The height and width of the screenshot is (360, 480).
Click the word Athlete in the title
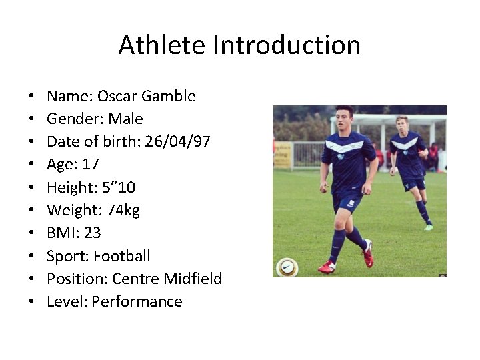pyautogui.click(x=163, y=45)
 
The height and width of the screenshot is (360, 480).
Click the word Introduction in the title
pyautogui.click(x=287, y=45)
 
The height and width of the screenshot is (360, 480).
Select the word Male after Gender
pyautogui.click(x=125, y=119)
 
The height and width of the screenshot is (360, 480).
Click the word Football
pyautogui.click(x=122, y=256)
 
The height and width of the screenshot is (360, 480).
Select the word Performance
pyautogui.click(x=137, y=301)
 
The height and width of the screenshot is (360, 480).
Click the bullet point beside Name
pyautogui.click(x=32, y=97)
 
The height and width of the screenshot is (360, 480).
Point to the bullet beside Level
pyautogui.click(x=32, y=302)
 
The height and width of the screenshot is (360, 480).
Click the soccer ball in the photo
pyautogui.click(x=287, y=267)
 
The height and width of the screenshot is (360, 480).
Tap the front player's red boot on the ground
pyautogui.click(x=327, y=267)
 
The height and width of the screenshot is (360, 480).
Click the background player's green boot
pyautogui.click(x=428, y=227)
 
